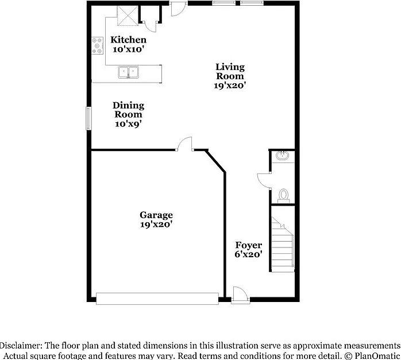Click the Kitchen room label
coord(128,40)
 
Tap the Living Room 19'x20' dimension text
coord(230,86)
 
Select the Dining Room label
coord(128,110)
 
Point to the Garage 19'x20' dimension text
coord(156,224)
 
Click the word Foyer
coord(249,245)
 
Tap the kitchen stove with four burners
coord(98,46)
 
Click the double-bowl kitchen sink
coord(128,72)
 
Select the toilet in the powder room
coord(283,196)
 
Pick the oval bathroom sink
coord(282,156)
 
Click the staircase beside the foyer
coord(282,244)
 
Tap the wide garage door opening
coord(157,299)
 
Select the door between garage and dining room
coord(184,144)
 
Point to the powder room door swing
coord(264,181)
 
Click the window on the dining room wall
coord(88,118)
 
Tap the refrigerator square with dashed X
coord(128,16)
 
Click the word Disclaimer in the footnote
coord(21,346)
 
